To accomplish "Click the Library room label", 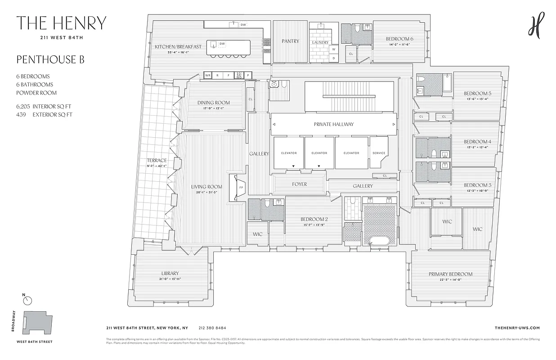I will pos(170,273).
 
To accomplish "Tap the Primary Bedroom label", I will pos(450,274).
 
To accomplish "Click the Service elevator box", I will pos(379,153).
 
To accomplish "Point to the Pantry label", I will pos(290,41).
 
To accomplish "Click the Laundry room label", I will pos(320,42).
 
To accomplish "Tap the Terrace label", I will pos(156,160).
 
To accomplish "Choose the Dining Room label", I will pos(214,103).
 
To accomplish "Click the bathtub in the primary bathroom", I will pos(380,240).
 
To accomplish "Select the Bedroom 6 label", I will pos(399,39).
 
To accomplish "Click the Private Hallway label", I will pos(333,124).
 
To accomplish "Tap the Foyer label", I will pos(299,184).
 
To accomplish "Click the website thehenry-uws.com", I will pos(516,328).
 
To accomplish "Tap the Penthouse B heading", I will pos(50,59).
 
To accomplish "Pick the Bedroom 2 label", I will pos(314,220).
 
